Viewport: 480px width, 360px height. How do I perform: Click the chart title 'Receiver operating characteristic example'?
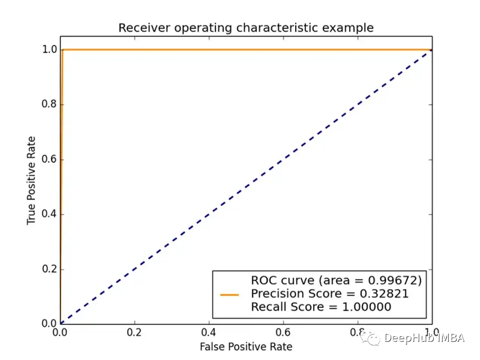pos(246,27)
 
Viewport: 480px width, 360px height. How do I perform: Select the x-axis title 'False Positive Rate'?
pos(246,346)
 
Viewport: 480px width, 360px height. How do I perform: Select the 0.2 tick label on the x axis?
pos(134,333)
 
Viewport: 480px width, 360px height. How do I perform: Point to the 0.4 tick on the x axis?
pos(209,333)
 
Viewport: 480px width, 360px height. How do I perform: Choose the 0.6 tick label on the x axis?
pos(283,333)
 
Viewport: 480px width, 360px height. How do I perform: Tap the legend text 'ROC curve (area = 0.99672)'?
pos(336,280)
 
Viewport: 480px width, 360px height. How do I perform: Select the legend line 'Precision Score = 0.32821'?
pos(330,294)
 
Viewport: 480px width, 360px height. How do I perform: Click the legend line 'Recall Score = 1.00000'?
pos(321,307)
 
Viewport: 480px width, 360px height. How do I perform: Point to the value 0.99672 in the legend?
pos(397,280)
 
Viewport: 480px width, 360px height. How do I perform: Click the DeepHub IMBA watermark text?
pos(424,338)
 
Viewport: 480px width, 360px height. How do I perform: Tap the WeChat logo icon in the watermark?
pos(374,338)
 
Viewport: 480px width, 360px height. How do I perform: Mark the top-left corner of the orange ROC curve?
pos(63,50)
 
